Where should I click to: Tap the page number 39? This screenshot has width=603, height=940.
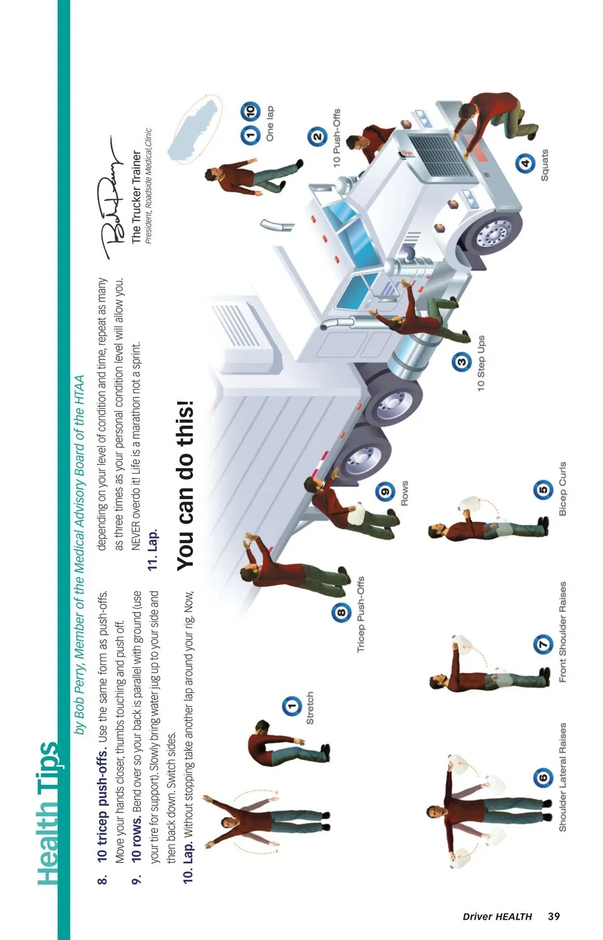pyautogui.click(x=553, y=916)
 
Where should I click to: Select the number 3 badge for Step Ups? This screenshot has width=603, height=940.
pyautogui.click(x=461, y=362)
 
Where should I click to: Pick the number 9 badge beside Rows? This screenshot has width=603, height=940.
pyautogui.click(x=385, y=491)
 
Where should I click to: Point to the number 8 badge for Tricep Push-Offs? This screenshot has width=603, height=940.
pyautogui.click(x=341, y=612)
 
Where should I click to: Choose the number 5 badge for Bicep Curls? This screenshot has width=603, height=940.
pyautogui.click(x=543, y=489)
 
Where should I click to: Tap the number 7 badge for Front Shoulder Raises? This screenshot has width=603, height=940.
pyautogui.click(x=543, y=644)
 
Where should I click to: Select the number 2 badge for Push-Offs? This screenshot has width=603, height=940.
pyautogui.click(x=317, y=136)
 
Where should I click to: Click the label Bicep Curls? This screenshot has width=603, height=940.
pyautogui.click(x=563, y=488)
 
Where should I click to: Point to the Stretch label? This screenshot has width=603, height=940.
pyautogui.click(x=310, y=708)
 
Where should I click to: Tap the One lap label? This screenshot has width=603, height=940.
pyautogui.click(x=269, y=123)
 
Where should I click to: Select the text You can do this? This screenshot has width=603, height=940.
pyautogui.click(x=185, y=486)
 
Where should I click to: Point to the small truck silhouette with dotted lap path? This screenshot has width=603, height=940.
pyautogui.click(x=195, y=129)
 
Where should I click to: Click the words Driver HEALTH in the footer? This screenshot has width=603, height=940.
pyautogui.click(x=497, y=917)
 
